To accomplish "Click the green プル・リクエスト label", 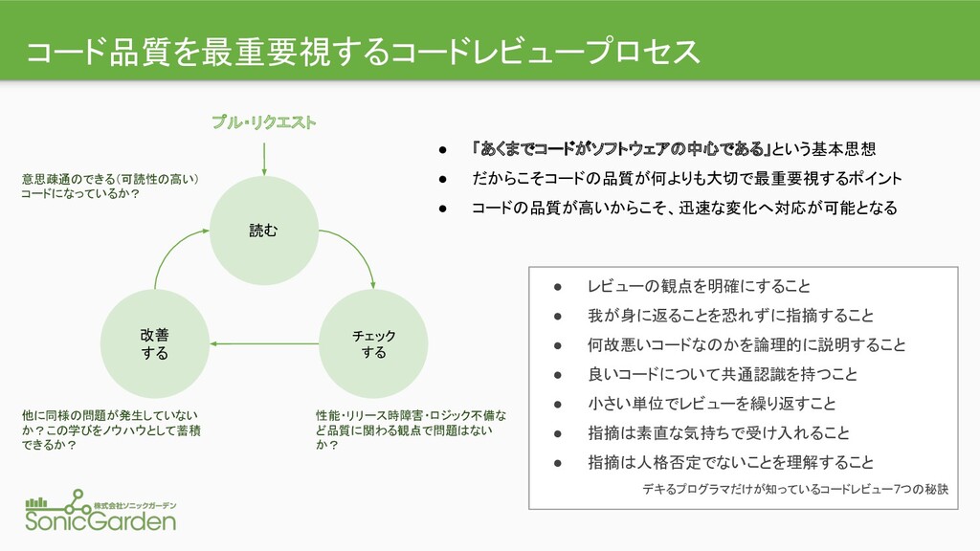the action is [x=264, y=121].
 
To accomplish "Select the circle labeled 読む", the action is [x=264, y=231].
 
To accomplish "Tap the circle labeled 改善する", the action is [x=154, y=343].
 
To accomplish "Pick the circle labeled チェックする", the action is [x=373, y=343].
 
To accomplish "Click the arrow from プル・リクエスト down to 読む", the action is [x=264, y=160].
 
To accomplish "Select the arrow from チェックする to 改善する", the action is [x=264, y=343].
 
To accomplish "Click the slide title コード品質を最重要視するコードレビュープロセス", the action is [x=363, y=52].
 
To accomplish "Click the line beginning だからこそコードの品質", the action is [x=687, y=179].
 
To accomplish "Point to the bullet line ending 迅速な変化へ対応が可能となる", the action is [x=684, y=208].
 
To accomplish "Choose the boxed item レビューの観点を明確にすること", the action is [x=699, y=286].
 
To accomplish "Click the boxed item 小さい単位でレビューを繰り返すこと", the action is [x=711, y=404].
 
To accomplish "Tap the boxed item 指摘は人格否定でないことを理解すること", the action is [x=730, y=462].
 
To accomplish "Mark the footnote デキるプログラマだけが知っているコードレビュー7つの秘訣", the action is [x=795, y=489].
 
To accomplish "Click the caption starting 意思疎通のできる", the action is [x=110, y=187].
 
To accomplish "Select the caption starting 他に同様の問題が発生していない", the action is [x=111, y=430].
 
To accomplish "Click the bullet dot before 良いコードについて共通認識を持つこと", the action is [x=558, y=375].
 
